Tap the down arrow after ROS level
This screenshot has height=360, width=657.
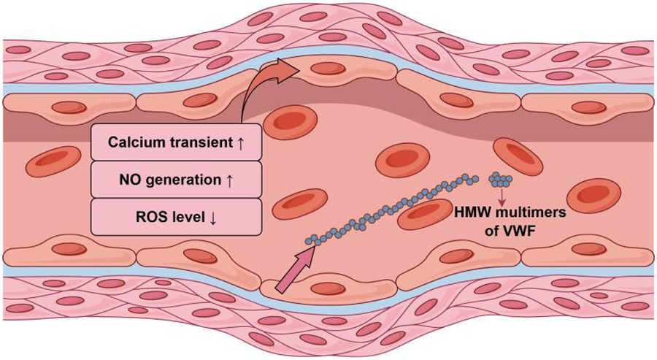(212, 217)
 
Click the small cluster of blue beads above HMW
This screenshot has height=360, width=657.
(501, 178)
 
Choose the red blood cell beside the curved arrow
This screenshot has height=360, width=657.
(290, 123)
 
